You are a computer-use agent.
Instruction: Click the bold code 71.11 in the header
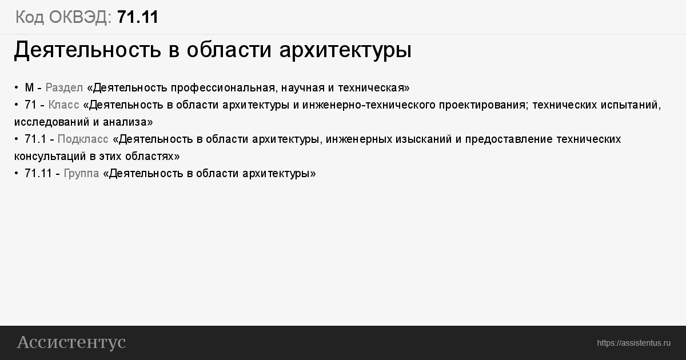point(138,17)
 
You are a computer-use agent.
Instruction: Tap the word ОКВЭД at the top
point(80,17)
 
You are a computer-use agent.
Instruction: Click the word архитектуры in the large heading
point(345,50)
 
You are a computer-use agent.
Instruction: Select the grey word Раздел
point(64,88)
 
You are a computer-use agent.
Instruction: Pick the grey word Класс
point(63,105)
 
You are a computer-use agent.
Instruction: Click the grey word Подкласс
point(83,139)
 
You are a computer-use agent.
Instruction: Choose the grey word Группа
point(81,174)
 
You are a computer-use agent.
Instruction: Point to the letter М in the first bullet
point(29,88)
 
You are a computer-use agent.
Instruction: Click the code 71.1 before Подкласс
point(35,139)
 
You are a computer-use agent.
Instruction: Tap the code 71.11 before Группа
point(38,174)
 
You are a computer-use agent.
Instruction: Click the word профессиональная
point(225,88)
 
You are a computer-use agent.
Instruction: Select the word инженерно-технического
point(369,105)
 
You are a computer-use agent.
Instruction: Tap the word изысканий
point(424,139)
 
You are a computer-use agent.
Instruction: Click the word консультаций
point(50,157)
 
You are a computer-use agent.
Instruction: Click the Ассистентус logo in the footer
point(71,342)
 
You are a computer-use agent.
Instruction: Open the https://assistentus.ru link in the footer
point(633,343)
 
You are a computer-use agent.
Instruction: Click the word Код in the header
point(29,17)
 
